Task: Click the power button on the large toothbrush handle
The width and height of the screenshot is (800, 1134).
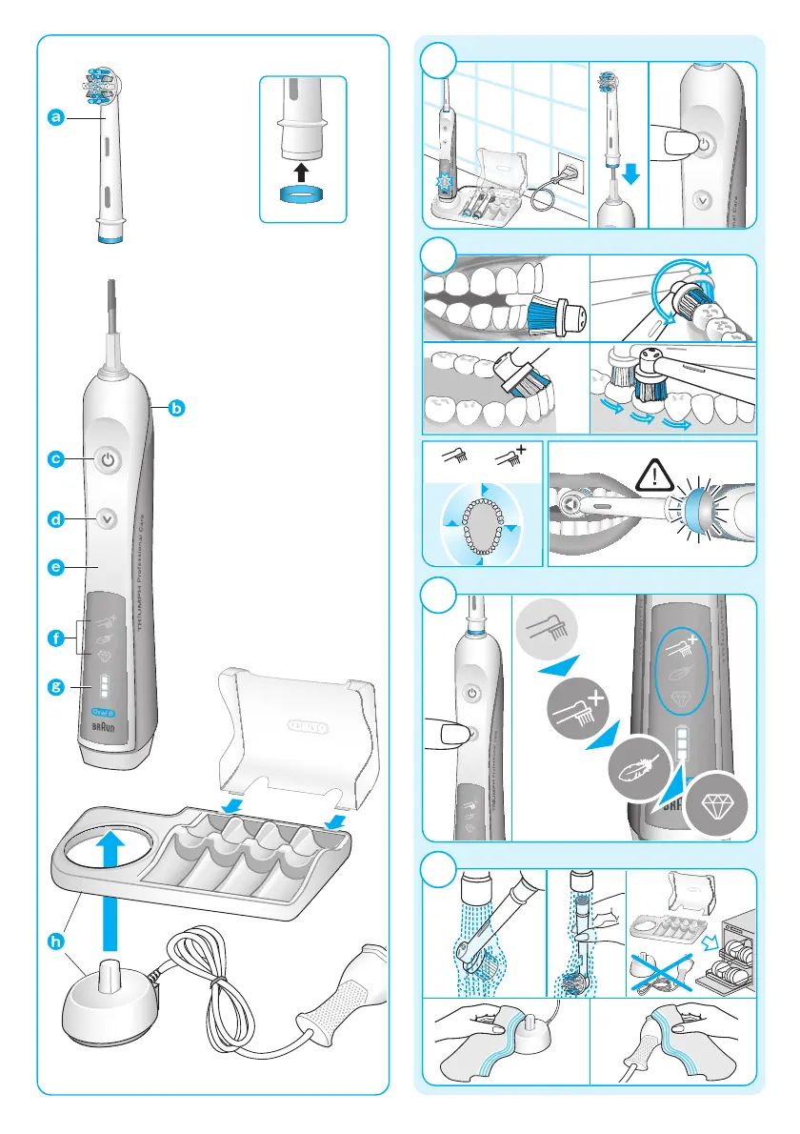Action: [109, 459]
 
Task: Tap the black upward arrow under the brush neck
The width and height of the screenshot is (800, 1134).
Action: [302, 172]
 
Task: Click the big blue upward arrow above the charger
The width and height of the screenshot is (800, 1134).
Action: [112, 881]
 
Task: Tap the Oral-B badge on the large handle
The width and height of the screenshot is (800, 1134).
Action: [102, 711]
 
